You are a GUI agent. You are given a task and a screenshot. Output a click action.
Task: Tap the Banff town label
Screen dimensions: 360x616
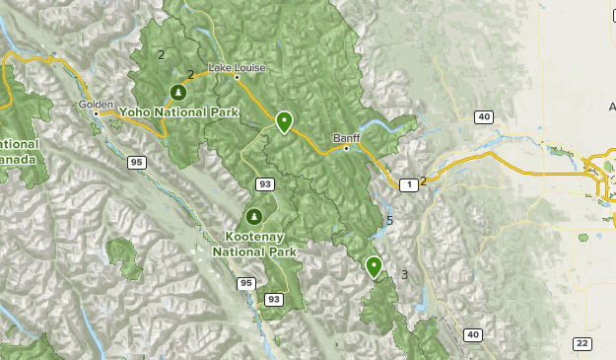coord(346,137)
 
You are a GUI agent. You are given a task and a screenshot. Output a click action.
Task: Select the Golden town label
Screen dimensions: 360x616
coord(97,104)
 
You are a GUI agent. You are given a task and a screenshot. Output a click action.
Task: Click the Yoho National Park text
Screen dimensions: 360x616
coord(177,112)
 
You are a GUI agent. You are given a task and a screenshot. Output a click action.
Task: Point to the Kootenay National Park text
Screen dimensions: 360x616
coord(253,244)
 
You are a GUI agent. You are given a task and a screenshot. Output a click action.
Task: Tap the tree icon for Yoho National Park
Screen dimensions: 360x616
coord(177,93)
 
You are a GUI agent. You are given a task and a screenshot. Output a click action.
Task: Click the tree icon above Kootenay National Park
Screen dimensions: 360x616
coord(253,217)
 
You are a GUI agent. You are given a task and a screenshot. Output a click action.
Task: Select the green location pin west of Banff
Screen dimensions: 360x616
coord(284,121)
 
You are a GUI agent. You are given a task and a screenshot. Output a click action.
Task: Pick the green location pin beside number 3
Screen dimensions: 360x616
coord(374,265)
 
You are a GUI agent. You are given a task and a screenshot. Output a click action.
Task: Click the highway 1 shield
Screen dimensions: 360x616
coord(407,184)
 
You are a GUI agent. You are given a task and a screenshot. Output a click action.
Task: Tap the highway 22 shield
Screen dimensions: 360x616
coord(582,342)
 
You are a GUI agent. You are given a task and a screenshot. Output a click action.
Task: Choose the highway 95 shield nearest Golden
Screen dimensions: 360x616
coord(135,162)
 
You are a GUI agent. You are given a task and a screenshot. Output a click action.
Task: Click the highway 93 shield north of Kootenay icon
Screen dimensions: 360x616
coord(264,184)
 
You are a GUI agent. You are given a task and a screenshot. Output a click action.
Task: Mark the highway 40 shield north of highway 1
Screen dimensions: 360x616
coord(482,117)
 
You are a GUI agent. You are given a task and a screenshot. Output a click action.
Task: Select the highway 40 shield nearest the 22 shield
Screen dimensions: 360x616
coord(473,334)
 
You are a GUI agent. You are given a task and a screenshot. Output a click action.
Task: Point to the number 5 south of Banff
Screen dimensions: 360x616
coord(389,221)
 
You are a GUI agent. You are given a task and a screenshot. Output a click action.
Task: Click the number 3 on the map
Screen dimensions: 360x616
coord(404,274)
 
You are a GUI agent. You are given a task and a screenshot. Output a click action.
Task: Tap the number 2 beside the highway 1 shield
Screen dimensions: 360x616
coord(424,180)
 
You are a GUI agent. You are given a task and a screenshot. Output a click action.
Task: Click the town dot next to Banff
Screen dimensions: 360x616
coord(346,149)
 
